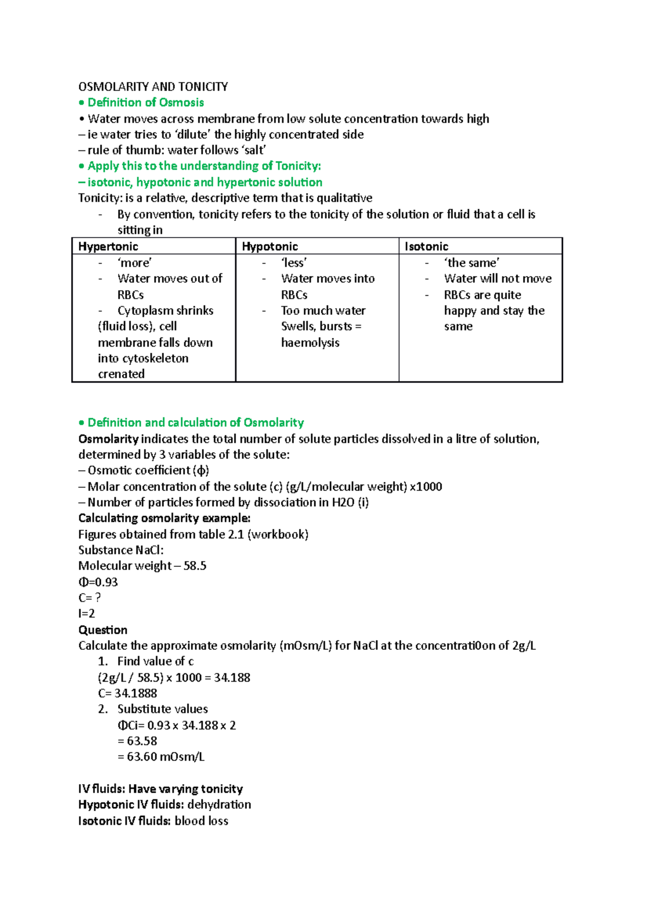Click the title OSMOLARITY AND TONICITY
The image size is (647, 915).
[153, 87]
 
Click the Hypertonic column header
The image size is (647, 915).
[108, 246]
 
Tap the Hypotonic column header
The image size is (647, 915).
[270, 246]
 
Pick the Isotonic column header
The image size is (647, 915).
[426, 246]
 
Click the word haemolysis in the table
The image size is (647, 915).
[310, 343]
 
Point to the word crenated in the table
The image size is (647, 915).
[121, 374]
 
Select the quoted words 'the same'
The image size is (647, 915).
[472, 263]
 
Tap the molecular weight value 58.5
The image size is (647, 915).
[195, 566]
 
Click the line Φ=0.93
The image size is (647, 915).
[98, 582]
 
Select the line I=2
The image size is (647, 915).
[87, 613]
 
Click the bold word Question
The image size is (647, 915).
[103, 630]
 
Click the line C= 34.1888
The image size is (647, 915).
[128, 694]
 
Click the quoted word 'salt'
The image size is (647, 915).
[254, 150]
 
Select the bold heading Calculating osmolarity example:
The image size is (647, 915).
[164, 518]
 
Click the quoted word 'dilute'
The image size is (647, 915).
[192, 134]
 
